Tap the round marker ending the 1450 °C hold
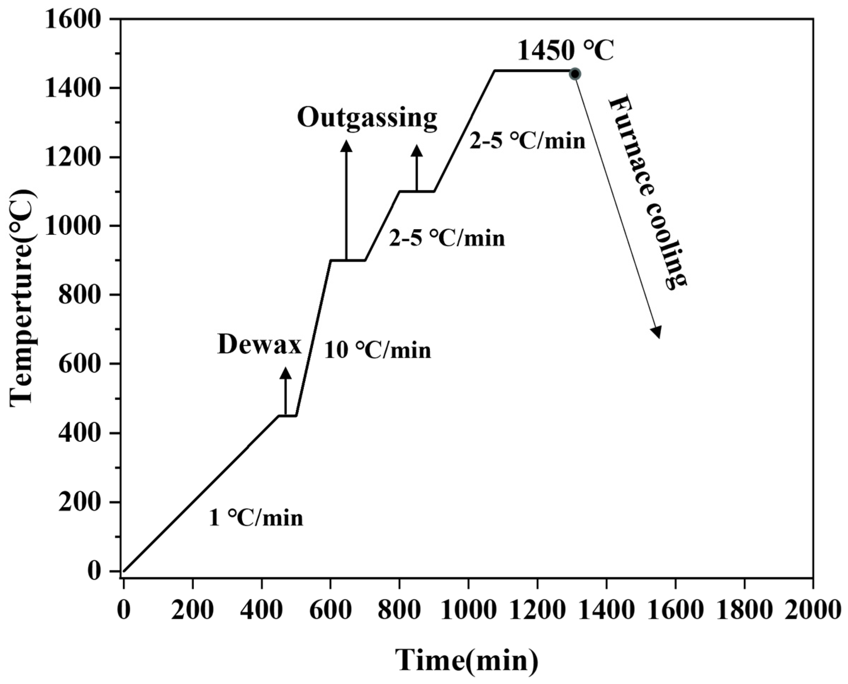point(575,74)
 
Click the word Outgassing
point(367,118)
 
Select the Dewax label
point(259,346)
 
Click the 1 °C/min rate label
point(256,519)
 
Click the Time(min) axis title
point(467,660)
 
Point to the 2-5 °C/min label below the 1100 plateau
point(447,239)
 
